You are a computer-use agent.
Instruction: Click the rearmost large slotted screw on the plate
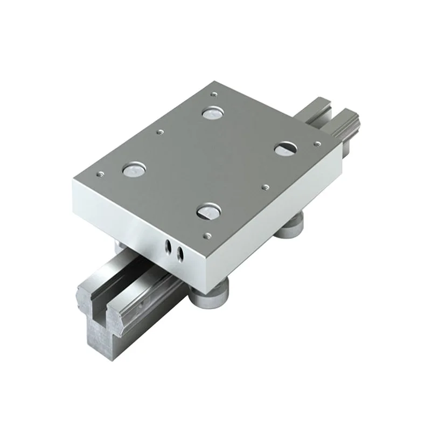coord(212,113)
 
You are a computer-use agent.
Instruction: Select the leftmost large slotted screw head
coord(132,170)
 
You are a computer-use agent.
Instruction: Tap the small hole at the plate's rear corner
coord(214,94)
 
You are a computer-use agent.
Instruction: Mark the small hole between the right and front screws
coord(264,187)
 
